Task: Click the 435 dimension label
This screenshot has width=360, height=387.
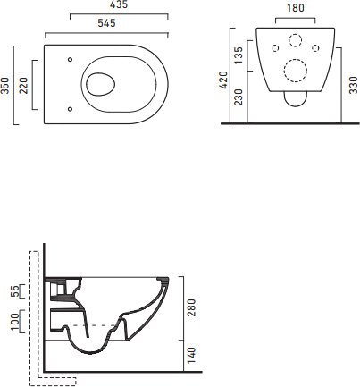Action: coord(119,4)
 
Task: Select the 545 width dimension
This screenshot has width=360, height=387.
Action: coord(106,23)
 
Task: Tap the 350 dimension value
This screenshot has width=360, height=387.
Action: coord(5,85)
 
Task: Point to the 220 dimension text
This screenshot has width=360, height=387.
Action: coord(23,86)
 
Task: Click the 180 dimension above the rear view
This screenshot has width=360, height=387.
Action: coord(296,8)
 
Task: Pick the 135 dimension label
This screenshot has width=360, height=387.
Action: coord(239,55)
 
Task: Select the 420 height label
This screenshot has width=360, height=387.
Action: coord(222,80)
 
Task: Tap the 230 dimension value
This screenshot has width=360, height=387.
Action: coord(239,97)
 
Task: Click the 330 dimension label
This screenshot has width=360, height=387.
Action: coord(353,85)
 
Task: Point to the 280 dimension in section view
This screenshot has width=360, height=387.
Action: coord(192,307)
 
